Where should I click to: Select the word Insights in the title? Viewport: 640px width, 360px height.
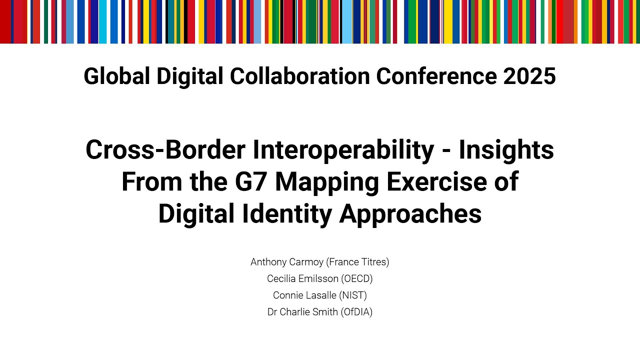(506, 150)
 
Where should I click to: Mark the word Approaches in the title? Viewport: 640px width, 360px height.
(410, 214)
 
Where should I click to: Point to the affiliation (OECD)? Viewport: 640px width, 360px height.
(355, 278)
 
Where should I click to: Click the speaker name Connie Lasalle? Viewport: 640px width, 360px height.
(304, 295)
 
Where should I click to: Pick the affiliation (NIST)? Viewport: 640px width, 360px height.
(353, 295)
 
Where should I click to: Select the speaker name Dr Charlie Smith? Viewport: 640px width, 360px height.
(302, 312)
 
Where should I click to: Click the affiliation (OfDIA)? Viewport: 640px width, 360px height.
(356, 312)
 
